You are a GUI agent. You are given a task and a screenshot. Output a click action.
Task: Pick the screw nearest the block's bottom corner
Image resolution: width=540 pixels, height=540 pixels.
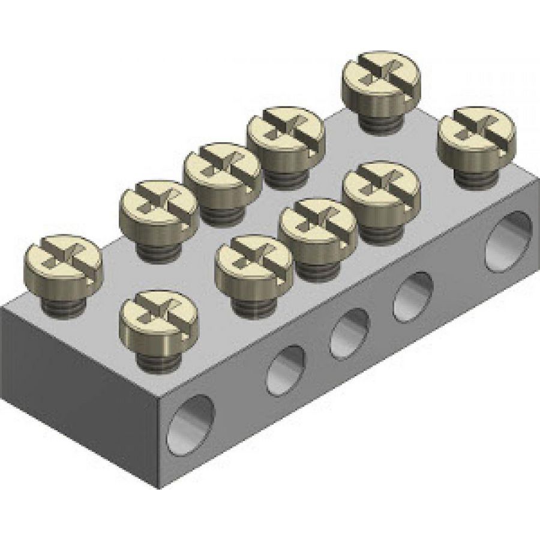(x=158, y=314)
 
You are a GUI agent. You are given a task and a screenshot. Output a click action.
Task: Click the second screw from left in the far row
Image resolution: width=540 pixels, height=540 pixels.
(x=159, y=204)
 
